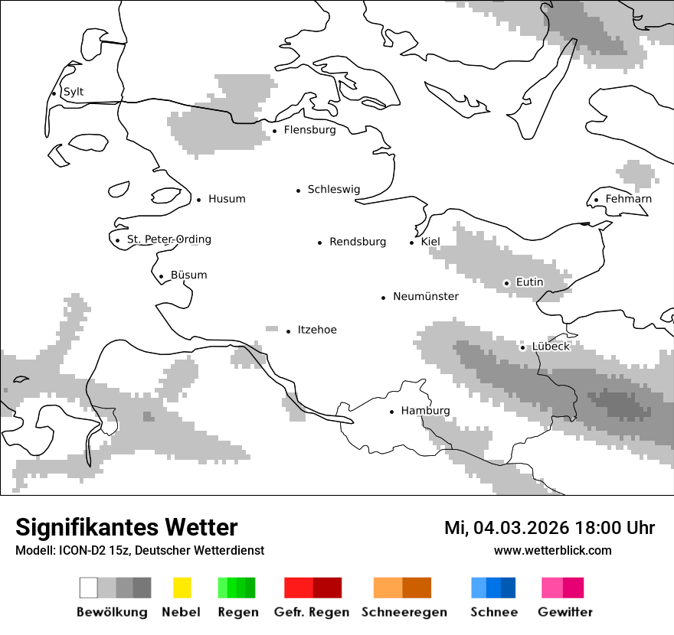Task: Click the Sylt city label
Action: coord(74,92)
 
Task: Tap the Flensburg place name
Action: coord(309,130)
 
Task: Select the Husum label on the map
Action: coord(227,199)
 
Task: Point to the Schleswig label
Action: coord(333,190)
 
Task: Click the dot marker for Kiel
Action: coord(412,243)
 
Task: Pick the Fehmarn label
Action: coord(628,199)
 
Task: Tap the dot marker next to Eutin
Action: coord(506,283)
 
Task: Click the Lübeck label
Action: coord(551,347)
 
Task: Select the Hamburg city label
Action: coord(425,411)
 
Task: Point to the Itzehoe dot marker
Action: coord(289,331)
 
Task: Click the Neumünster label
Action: coord(426,296)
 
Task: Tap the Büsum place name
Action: coord(188,275)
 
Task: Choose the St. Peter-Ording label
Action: coord(168,239)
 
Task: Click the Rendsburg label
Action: coord(358,242)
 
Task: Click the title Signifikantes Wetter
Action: coord(126,527)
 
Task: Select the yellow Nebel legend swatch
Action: coord(182,588)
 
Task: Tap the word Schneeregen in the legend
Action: coord(404,612)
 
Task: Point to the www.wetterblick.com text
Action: coord(552,551)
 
